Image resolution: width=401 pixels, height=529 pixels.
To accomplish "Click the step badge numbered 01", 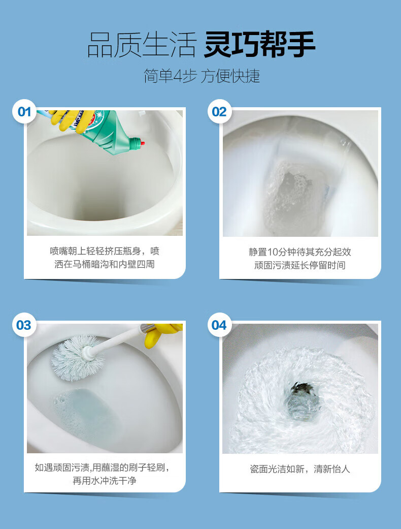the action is click(24, 112).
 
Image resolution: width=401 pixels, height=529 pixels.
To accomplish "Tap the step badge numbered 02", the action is click(219, 112).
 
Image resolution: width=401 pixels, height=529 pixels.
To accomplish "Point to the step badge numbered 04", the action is click(219, 325).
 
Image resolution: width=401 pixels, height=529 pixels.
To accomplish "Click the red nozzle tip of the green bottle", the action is click(143, 143).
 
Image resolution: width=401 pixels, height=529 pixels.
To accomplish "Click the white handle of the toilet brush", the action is click(118, 341).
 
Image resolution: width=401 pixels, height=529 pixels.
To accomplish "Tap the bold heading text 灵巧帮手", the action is click(259, 44).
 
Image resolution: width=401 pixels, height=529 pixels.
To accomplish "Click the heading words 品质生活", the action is click(142, 45).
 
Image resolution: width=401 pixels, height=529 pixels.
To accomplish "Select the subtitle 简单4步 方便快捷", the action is click(202, 76).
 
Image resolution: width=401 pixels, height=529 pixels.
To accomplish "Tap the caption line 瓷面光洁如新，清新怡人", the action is click(300, 469).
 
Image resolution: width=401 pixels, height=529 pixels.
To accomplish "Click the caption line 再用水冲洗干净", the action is click(105, 480).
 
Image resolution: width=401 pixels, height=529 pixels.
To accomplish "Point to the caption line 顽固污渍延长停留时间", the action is click(300, 265).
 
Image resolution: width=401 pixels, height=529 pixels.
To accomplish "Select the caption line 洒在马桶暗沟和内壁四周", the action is click(105, 264).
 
